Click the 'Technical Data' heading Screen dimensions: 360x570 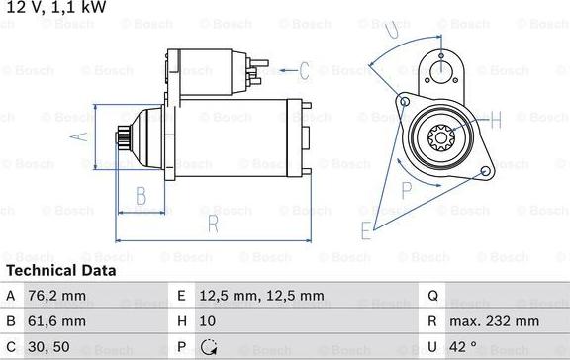point(60,270)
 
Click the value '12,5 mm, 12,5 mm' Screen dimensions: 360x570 point(262,295)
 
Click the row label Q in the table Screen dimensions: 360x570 point(432,295)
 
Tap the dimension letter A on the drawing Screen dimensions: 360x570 point(80,136)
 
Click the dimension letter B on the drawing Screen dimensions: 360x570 point(141,193)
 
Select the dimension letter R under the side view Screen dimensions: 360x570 point(212,224)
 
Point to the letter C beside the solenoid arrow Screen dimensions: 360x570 point(304,70)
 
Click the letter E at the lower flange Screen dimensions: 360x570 point(366,231)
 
